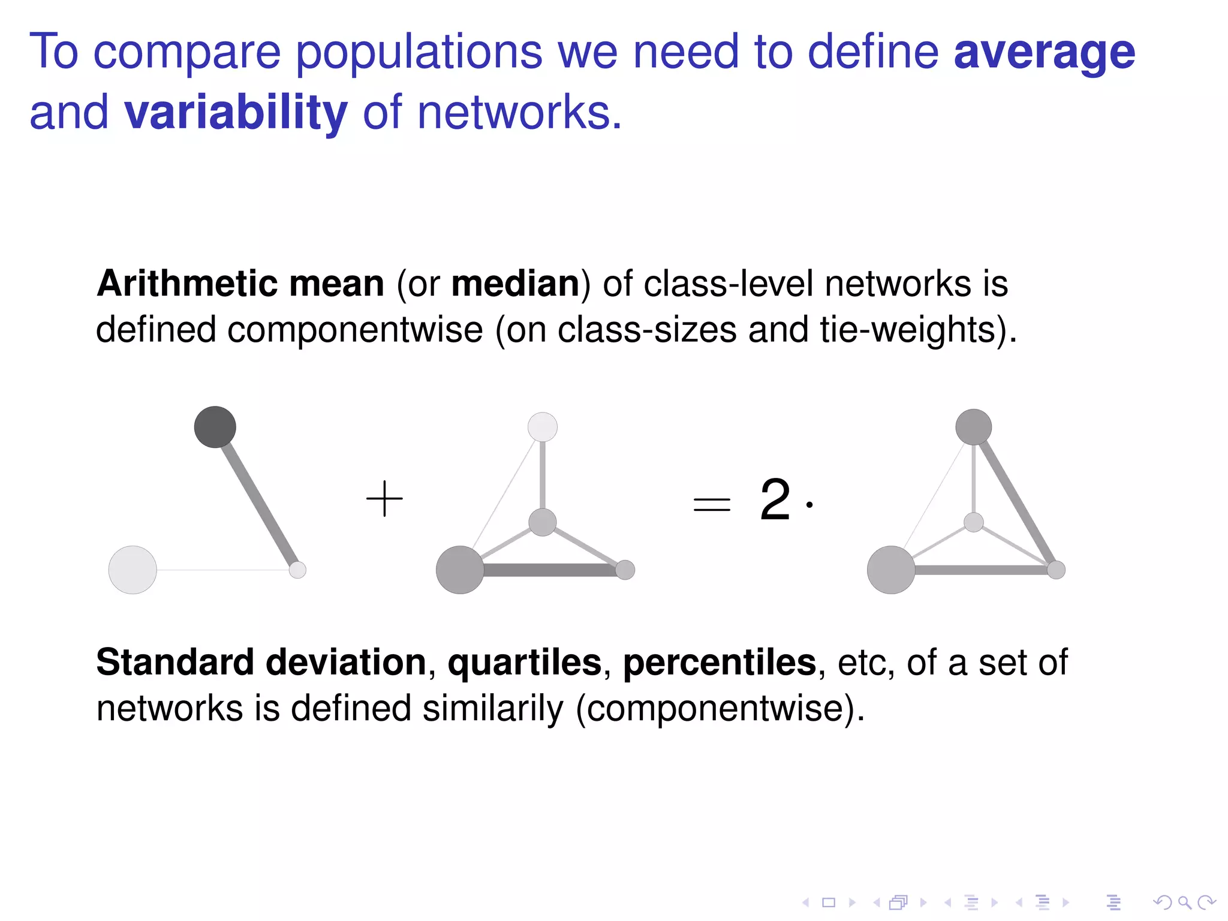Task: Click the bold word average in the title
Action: click(1044, 53)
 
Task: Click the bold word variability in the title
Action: click(236, 113)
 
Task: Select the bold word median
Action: click(515, 284)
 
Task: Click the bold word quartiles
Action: click(525, 663)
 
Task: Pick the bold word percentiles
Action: click(720, 663)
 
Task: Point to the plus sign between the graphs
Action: click(384, 498)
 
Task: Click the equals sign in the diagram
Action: click(712, 504)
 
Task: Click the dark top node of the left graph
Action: click(215, 427)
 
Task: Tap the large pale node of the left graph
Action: click(133, 570)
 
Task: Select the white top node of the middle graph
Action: click(543, 427)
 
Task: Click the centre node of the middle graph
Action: click(543, 522)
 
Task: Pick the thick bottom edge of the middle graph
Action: click(549, 570)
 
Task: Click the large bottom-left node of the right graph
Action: click(891, 570)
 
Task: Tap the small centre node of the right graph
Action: click(973, 522)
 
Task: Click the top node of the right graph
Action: click(973, 427)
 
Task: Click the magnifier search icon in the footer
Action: click(1184, 902)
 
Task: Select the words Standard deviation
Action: click(261, 663)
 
